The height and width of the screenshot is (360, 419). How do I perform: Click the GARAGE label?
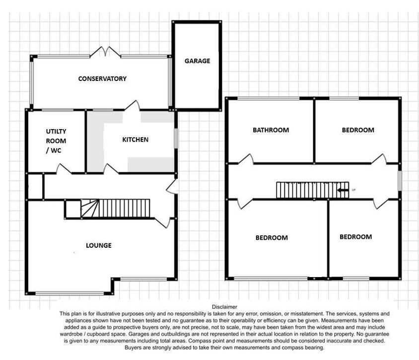point(197,61)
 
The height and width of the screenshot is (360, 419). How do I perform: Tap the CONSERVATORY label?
point(102,78)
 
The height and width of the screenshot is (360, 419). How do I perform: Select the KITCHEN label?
point(135,140)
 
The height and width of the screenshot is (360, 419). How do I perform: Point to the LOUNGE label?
point(98,245)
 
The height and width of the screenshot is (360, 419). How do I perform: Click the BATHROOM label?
point(271,130)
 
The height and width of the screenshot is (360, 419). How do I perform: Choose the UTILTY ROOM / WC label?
point(56,141)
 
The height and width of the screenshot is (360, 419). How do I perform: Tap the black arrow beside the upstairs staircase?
point(343,190)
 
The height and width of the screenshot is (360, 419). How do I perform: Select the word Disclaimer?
point(224,307)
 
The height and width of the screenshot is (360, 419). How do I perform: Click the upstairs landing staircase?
point(307,190)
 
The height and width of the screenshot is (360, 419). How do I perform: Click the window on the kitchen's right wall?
point(176,138)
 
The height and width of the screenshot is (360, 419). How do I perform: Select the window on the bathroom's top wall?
point(267,99)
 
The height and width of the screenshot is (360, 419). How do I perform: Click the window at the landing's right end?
point(400,180)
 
